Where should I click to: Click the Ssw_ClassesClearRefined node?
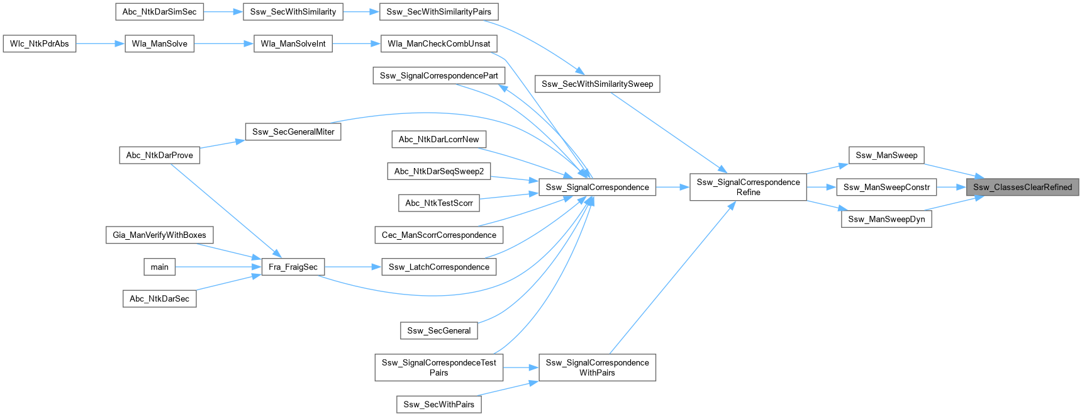click(1022, 187)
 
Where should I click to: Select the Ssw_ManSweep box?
click(886, 155)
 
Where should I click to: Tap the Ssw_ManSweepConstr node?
click(886, 187)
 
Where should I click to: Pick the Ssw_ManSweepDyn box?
click(886, 219)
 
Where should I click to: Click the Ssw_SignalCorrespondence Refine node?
click(748, 187)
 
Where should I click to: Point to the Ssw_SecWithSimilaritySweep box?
click(597, 84)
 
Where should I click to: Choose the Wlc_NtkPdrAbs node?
click(39, 44)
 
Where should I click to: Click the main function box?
click(159, 267)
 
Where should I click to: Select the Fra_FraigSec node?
click(293, 267)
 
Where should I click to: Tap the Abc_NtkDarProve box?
click(159, 155)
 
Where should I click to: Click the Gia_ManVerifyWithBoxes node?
click(159, 235)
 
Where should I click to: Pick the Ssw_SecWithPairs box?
click(438, 404)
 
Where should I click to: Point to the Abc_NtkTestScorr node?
click(438, 203)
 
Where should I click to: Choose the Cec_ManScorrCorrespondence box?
click(438, 235)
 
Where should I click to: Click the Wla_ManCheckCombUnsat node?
click(438, 44)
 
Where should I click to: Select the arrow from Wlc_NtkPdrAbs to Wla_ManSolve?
click(100, 44)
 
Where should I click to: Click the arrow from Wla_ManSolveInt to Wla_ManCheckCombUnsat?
click(357, 44)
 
